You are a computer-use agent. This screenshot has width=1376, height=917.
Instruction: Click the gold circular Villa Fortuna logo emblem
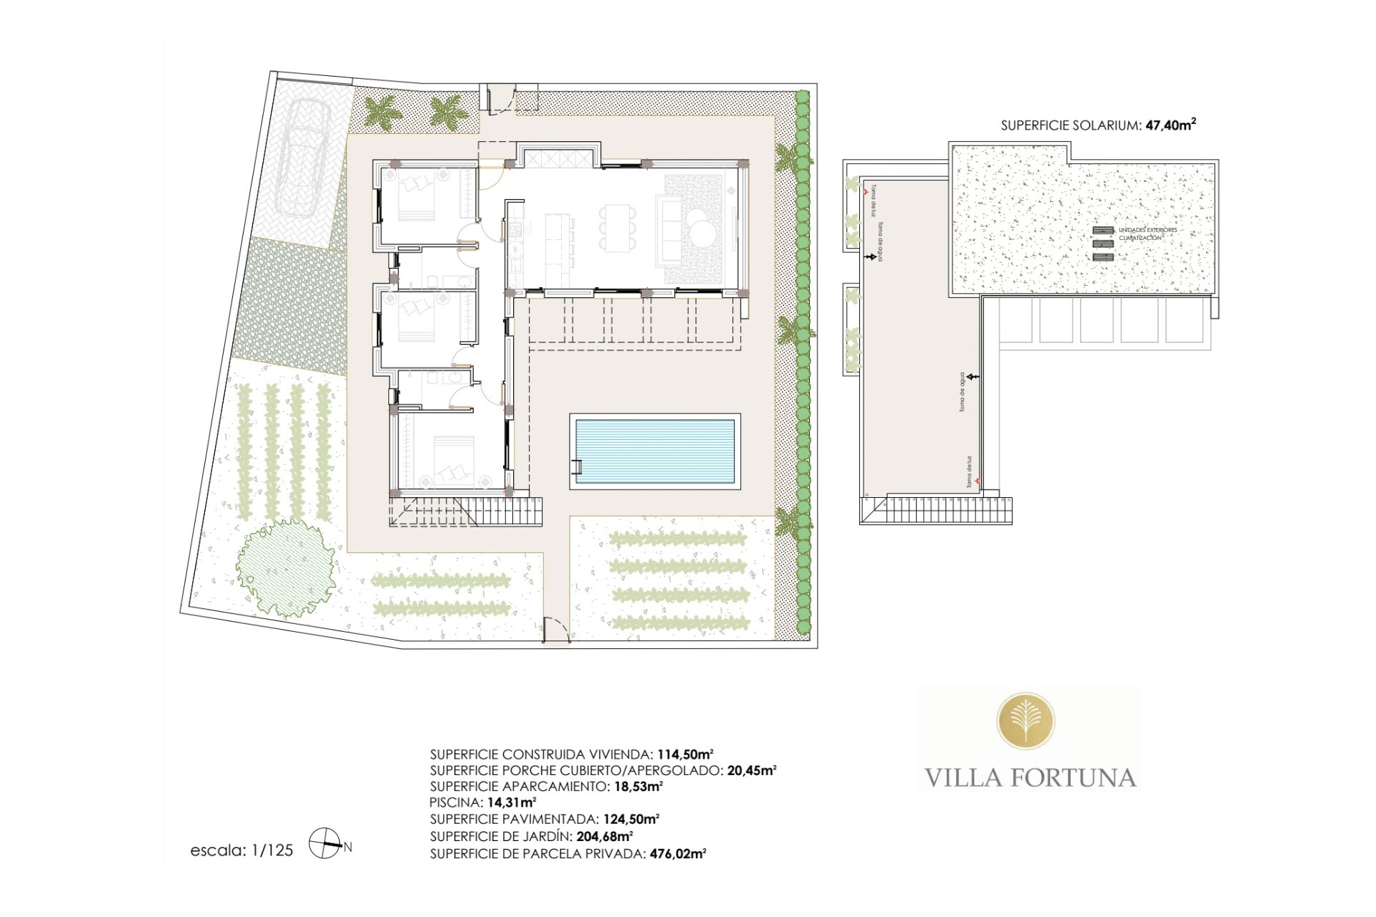tap(1026, 728)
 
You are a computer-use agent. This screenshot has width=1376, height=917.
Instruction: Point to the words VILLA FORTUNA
tap(1030, 777)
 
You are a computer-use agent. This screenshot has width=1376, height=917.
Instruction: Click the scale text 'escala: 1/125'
tap(242, 851)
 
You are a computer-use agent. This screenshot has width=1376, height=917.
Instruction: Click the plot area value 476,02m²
tap(677, 853)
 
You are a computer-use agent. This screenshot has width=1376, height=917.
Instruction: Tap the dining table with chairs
tap(618, 229)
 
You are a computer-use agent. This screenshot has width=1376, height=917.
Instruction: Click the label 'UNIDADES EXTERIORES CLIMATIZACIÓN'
tap(1147, 234)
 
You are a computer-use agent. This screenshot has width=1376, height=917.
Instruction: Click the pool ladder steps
tap(576, 466)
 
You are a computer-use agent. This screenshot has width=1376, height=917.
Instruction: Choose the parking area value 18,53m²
tap(637, 786)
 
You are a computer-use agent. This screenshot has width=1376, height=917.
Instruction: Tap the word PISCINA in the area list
tap(449, 802)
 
